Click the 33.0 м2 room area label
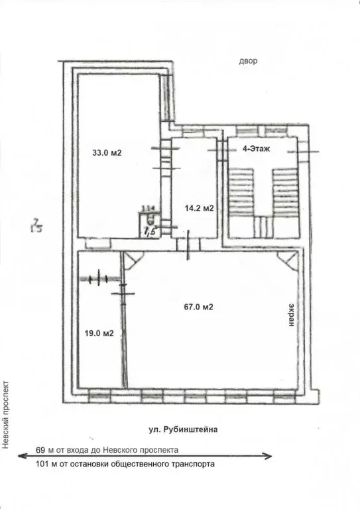pos(107,153)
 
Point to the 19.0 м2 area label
pos(100,333)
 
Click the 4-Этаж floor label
pos(256,150)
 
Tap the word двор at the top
pos(248,62)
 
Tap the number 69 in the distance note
pos(42,449)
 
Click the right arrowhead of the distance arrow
pos(269,456)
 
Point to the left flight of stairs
pos(238,192)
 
